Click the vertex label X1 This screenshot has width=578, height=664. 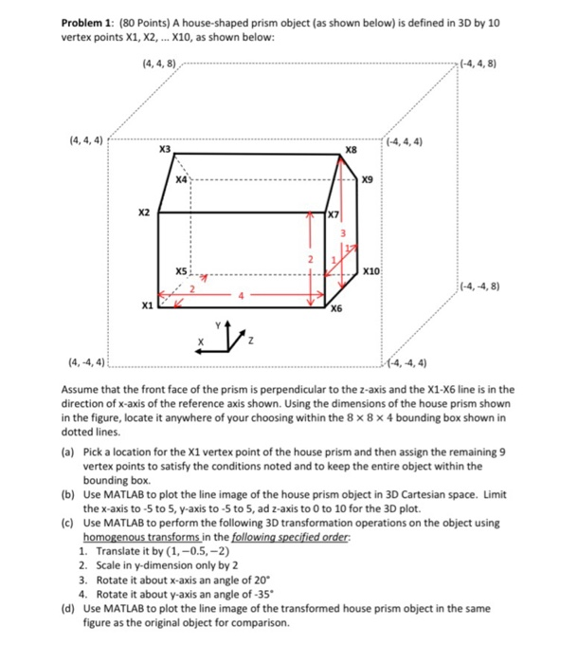click(x=145, y=306)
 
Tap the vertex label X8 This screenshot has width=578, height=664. click(x=351, y=149)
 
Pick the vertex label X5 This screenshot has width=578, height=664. click(x=181, y=271)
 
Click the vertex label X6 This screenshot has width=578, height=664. click(x=336, y=309)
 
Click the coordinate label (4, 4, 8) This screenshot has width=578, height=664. click(x=158, y=65)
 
